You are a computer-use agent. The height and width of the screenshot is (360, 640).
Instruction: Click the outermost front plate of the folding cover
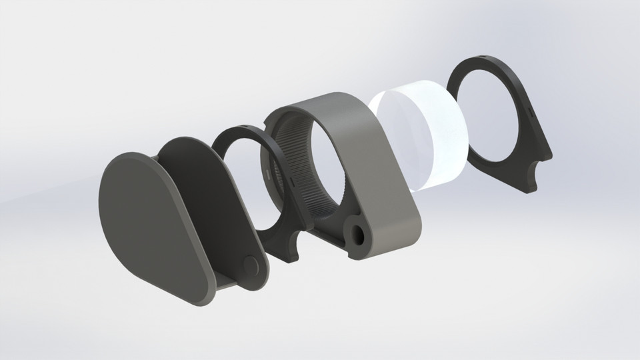pyautogui.click(x=150, y=227)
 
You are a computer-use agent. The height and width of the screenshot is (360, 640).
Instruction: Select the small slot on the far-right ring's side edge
pyautogui.click(x=531, y=107)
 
